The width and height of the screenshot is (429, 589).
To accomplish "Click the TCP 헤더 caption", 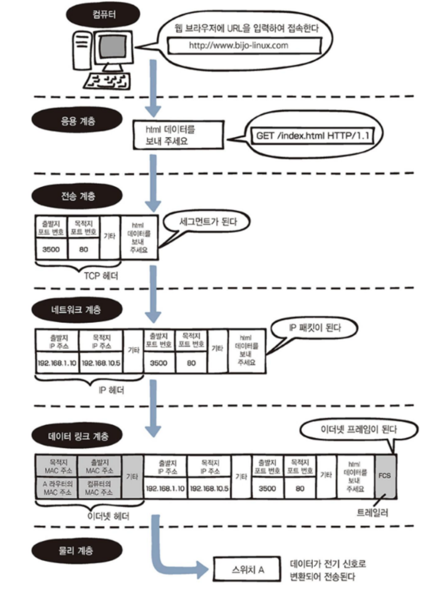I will pos(101,276).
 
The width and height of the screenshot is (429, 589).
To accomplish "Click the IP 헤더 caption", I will pos(111,390).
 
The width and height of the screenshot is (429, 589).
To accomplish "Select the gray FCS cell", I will pos(384,476).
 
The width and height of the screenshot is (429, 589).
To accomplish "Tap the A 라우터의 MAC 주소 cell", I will pos(57,488).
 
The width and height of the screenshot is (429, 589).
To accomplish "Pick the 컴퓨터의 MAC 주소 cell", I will pos(99,488).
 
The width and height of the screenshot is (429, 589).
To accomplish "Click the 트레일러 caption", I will pos(373,513).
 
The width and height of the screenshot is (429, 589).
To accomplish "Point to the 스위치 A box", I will pos(248,569).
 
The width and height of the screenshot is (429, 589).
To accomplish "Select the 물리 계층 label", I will pos(76,551).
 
